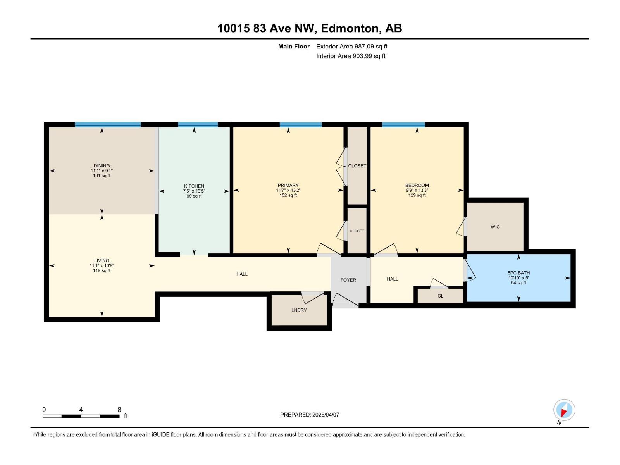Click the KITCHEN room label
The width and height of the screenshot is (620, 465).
194,186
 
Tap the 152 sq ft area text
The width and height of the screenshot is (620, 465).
288,195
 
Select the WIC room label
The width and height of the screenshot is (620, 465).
495,227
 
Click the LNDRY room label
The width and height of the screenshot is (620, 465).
299,310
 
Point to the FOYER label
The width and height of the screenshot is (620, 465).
348,280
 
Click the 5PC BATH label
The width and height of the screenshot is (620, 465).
518,273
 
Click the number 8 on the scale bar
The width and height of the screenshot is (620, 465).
119,410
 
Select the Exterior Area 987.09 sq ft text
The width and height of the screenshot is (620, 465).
351,46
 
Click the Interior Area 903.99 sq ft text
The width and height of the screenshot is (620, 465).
351,56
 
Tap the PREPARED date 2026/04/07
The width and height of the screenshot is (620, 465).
310,415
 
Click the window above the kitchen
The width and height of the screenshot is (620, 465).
198,125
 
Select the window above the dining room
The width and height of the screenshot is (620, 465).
108,125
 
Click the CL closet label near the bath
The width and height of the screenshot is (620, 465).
440,296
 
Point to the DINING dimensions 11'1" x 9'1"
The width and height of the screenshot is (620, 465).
102,170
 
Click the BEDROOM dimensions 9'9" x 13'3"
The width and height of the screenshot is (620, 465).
417,190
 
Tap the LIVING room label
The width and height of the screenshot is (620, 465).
102,260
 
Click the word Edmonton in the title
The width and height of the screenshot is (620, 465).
350,28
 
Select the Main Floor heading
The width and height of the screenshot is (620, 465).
294,46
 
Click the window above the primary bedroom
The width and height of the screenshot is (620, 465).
301,125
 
